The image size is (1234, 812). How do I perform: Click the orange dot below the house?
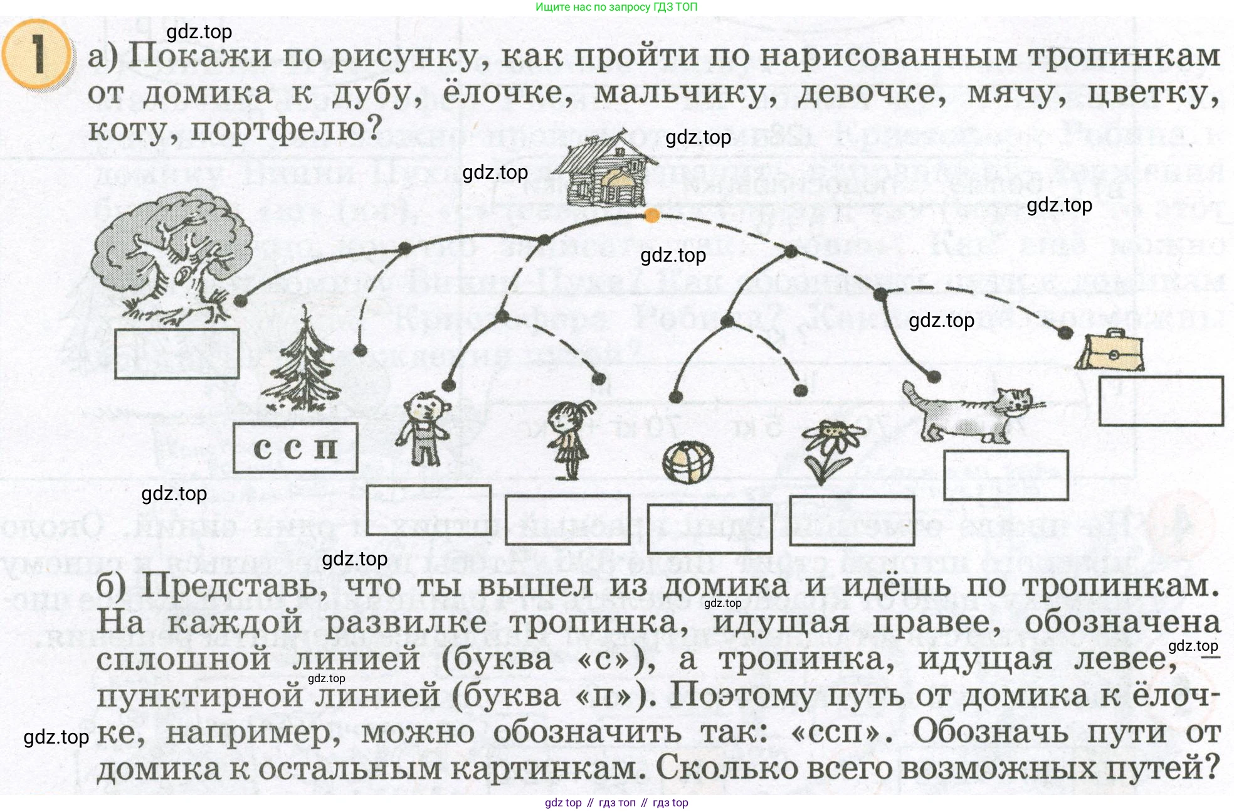[x=652, y=216]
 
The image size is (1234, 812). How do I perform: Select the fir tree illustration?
[x=303, y=364]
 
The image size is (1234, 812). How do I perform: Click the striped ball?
[x=688, y=463]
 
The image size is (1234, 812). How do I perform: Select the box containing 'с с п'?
[x=295, y=448]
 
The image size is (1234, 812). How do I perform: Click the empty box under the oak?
[x=177, y=354]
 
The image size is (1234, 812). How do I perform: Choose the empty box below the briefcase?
[x=1161, y=401]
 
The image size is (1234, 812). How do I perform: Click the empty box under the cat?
[x=1006, y=475]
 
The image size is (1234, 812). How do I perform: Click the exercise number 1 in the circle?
[x=38, y=55]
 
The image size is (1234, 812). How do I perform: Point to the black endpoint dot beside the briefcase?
[x=1065, y=333]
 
